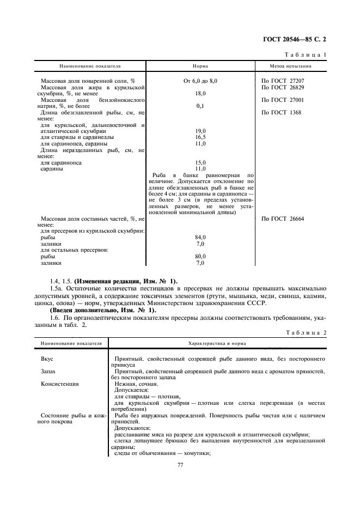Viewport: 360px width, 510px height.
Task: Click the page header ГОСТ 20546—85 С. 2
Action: tap(298, 39)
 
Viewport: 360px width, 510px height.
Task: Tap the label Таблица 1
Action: tap(306, 55)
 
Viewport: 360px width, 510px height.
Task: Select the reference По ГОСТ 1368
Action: tap(281, 113)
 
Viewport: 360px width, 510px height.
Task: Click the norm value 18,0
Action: tap(200, 94)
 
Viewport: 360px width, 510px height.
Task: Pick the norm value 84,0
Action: tap(200, 238)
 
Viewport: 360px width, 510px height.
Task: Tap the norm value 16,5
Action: tap(200, 137)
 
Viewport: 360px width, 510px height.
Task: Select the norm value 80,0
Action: tap(200, 257)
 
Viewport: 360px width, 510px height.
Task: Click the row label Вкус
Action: tap(47, 359)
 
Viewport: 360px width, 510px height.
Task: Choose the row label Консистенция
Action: tap(59, 384)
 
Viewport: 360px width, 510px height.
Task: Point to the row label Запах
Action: tap(49, 371)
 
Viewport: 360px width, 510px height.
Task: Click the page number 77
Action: tap(180, 465)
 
